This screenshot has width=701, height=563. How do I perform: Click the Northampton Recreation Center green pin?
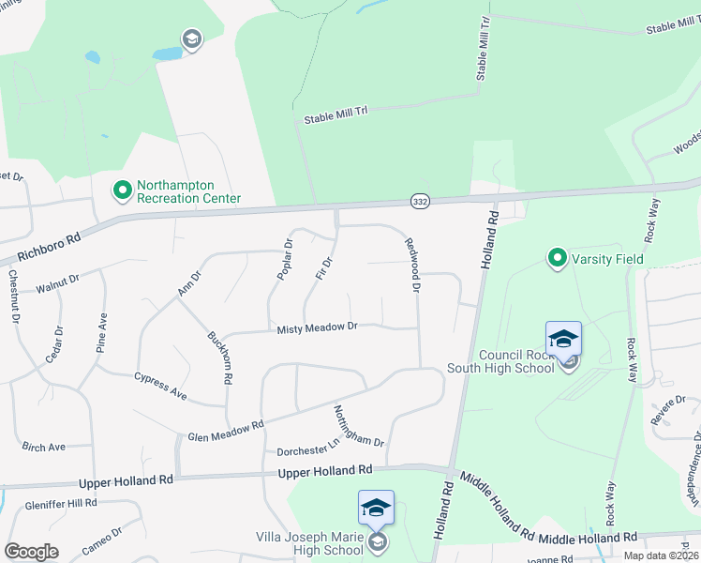click(122, 191)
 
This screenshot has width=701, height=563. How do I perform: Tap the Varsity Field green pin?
click(557, 257)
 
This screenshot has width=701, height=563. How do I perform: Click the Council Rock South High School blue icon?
click(563, 339)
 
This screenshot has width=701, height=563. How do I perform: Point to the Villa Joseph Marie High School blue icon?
click(376, 508)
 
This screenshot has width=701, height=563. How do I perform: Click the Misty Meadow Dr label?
click(318, 327)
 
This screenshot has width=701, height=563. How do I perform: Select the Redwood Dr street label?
click(410, 264)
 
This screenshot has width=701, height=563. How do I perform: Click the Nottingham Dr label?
click(359, 426)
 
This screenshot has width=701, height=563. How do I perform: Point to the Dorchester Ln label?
click(306, 448)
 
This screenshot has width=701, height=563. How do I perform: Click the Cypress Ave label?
click(160, 387)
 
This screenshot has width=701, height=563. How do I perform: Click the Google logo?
click(31, 552)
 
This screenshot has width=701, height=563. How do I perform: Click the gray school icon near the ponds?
click(192, 39)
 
